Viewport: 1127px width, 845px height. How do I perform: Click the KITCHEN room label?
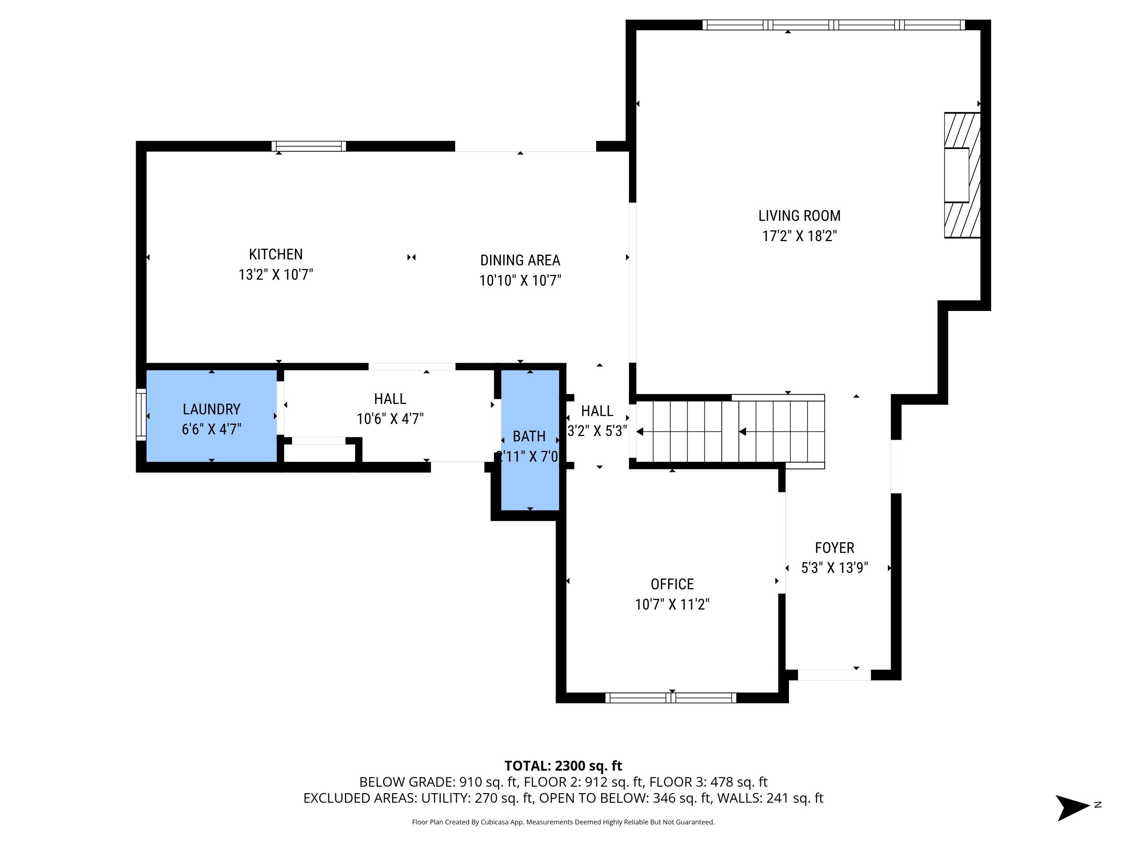pyautogui.click(x=276, y=254)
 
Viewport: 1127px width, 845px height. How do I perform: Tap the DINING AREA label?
pyautogui.click(x=520, y=260)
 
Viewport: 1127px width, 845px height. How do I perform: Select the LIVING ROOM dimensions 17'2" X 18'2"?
pyautogui.click(x=799, y=236)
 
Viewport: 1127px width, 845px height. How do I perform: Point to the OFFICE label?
pyautogui.click(x=672, y=584)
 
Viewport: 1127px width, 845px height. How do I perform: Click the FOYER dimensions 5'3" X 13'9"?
pyautogui.click(x=834, y=568)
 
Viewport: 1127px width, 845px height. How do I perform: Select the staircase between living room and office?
pyautogui.click(x=728, y=432)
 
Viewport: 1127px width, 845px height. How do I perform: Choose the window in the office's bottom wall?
pyautogui.click(x=671, y=698)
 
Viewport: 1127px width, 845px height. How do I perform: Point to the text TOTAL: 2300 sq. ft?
pyautogui.click(x=563, y=765)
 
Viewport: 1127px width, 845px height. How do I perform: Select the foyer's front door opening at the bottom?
pyautogui.click(x=834, y=675)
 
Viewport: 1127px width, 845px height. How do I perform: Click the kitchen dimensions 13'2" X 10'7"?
pyautogui.click(x=276, y=275)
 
